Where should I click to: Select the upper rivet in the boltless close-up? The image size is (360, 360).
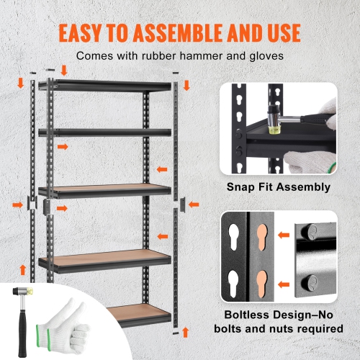click(310, 232)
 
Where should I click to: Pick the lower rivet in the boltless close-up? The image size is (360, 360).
click(310, 279)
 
